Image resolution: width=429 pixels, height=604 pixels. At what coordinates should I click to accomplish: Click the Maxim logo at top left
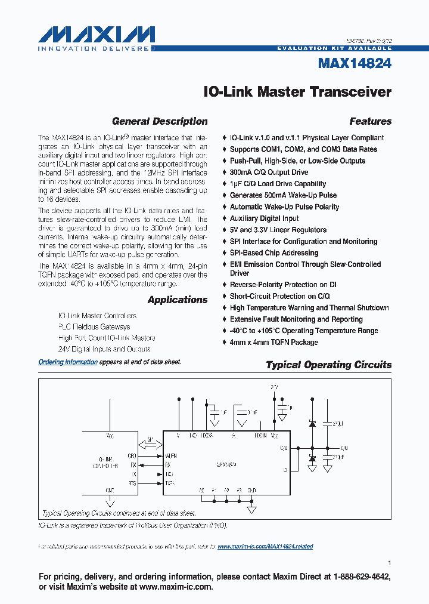click(x=96, y=33)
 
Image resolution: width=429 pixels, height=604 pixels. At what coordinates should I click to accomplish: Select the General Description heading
click(x=160, y=121)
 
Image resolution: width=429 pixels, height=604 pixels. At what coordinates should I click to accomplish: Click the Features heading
click(x=370, y=121)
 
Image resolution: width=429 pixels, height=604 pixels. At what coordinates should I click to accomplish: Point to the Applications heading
click(x=178, y=300)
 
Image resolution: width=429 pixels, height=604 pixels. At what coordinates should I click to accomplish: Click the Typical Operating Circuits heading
click(x=328, y=365)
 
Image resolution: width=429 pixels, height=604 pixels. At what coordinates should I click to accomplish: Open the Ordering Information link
click(x=68, y=362)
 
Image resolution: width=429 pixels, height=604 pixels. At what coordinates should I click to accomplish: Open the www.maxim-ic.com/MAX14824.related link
click(x=265, y=546)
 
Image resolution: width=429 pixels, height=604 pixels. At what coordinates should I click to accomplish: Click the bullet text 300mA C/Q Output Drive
click(x=269, y=172)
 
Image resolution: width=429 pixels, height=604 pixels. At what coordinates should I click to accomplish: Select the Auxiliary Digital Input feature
click(x=264, y=218)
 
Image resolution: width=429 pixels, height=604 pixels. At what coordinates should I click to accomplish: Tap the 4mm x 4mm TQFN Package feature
click(x=273, y=342)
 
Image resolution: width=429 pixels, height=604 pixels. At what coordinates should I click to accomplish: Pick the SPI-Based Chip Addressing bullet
click(x=274, y=253)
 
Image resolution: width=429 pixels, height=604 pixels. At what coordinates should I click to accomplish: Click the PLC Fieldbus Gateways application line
click(x=94, y=326)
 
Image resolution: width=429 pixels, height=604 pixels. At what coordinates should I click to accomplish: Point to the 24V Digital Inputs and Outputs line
click(x=104, y=349)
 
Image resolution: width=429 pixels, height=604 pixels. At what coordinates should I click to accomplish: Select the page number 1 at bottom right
click(x=389, y=562)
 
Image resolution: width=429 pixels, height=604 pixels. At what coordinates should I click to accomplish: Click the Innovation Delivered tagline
click(x=96, y=48)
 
